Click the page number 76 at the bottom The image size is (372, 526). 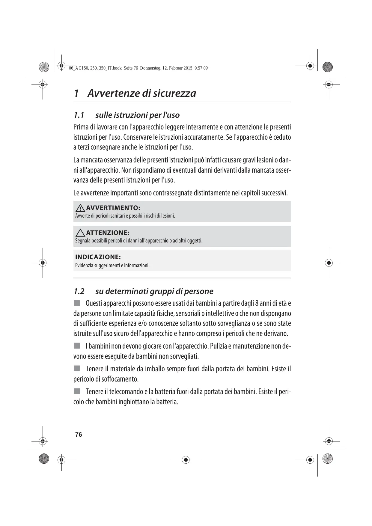(79, 435)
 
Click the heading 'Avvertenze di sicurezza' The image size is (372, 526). (141, 93)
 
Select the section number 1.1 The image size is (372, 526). (79, 115)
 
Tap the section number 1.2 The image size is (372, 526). (79, 291)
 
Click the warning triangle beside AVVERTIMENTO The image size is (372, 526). (80, 208)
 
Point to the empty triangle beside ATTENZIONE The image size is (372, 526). (80, 233)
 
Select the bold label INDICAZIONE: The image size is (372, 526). (98, 257)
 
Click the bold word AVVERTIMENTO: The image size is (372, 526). (113, 208)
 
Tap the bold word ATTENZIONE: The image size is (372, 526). (108, 233)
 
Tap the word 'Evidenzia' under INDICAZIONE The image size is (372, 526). (84, 266)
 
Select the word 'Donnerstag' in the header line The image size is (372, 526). (150, 68)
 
